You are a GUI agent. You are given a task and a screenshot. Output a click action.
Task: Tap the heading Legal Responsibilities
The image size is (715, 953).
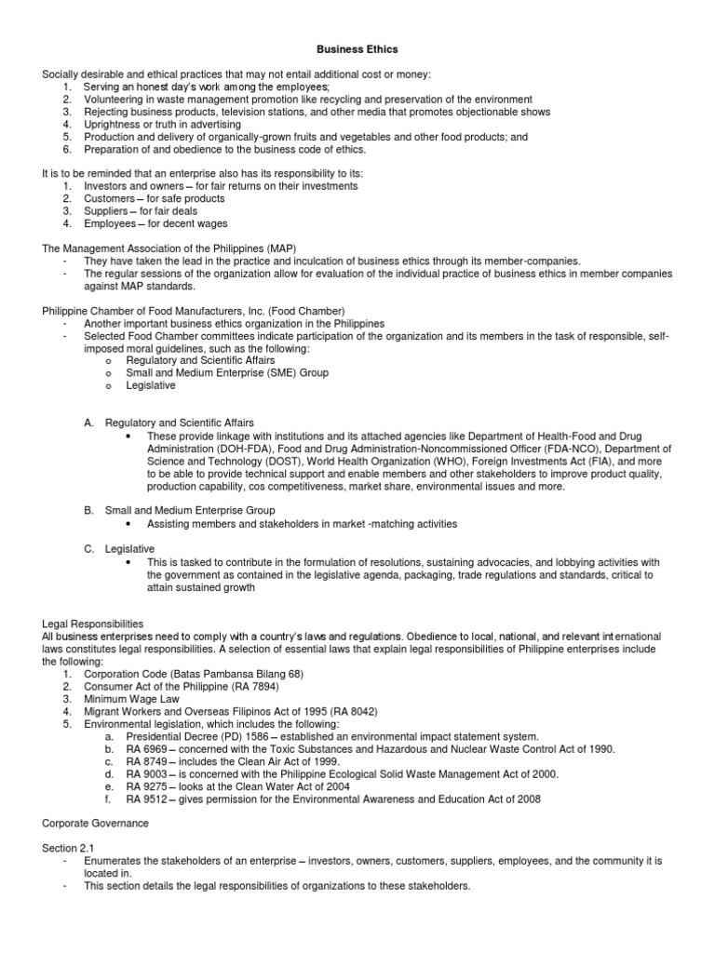(x=93, y=623)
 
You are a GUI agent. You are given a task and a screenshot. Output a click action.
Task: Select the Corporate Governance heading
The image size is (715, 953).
(x=96, y=823)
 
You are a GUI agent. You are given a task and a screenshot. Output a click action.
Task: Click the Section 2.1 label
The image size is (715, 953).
(x=68, y=848)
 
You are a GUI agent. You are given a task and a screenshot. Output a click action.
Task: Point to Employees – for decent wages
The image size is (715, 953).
(x=155, y=223)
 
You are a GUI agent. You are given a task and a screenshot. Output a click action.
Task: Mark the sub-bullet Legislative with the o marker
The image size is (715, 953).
(x=152, y=385)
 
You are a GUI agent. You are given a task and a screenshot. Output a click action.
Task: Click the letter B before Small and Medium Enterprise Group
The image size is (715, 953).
(x=89, y=511)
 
